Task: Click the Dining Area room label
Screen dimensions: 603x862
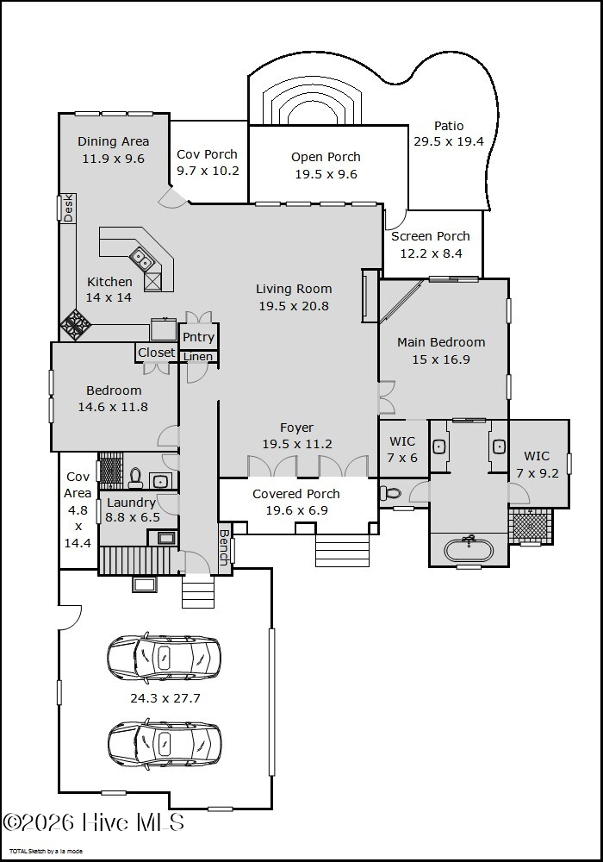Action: (113, 142)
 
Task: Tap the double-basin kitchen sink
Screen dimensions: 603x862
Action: (141, 259)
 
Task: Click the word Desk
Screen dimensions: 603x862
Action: (69, 209)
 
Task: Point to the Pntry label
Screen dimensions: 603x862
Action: (198, 337)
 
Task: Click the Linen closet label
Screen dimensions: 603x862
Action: (198, 356)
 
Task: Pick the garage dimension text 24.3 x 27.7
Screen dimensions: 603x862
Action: (165, 698)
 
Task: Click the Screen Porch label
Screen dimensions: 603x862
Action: (431, 236)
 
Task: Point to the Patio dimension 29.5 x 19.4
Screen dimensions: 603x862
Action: (449, 141)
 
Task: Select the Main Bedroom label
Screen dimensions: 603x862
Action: (441, 342)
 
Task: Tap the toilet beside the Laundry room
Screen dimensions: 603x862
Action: (135, 478)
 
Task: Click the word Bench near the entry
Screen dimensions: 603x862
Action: (224, 547)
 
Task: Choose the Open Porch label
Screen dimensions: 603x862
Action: (326, 157)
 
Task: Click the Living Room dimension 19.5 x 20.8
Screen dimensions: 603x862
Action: (294, 306)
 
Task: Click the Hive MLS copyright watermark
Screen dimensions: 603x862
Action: (93, 822)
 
